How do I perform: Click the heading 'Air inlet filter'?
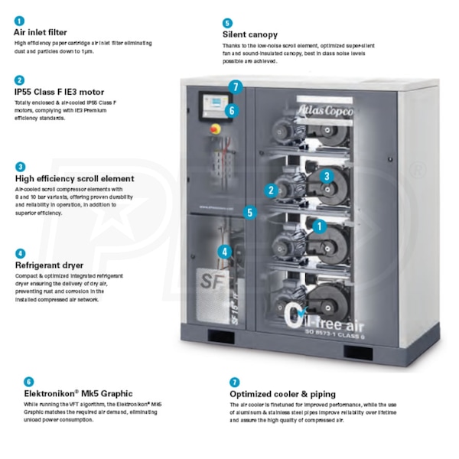click(40, 33)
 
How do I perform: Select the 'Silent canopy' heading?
click(250, 34)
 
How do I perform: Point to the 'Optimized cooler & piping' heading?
click(283, 394)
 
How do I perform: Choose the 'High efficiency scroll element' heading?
click(74, 178)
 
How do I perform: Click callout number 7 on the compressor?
click(236, 87)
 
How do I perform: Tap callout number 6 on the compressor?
click(232, 110)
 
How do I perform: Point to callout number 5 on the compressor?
click(249, 213)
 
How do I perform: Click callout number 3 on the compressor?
click(327, 176)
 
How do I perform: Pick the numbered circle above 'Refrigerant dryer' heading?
click(20, 252)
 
